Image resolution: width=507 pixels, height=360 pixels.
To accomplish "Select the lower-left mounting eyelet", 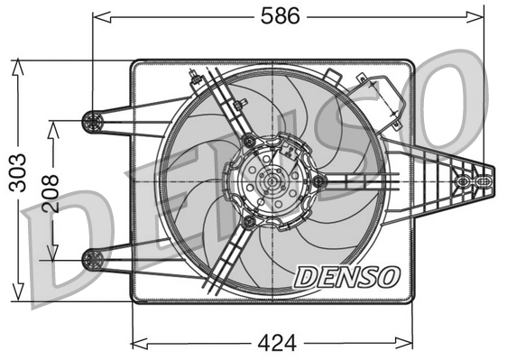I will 90,259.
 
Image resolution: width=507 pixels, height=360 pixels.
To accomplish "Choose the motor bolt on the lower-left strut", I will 246,221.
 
